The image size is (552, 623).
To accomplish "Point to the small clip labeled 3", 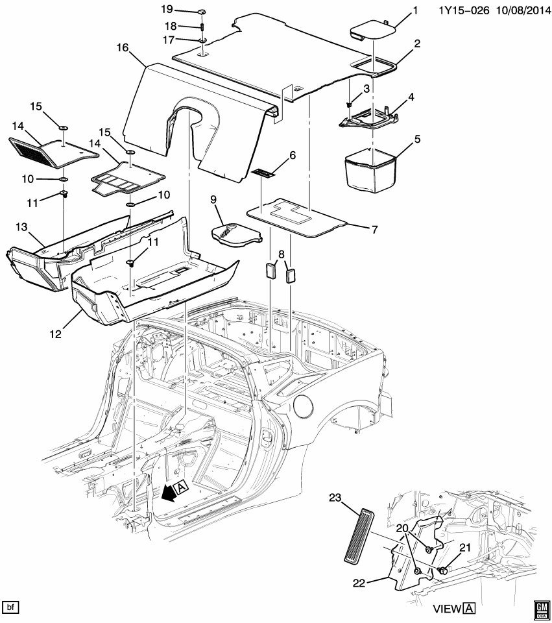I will tap(350, 104).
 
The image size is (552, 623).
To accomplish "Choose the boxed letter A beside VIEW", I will tap(469, 608).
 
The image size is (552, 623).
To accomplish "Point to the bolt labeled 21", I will tap(443, 571).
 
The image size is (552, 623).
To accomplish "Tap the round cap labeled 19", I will tap(201, 12).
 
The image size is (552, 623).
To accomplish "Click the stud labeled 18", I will tap(202, 27).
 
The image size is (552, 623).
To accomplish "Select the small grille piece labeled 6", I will tap(263, 173).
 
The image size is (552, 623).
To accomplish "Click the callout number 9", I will tap(213, 199).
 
